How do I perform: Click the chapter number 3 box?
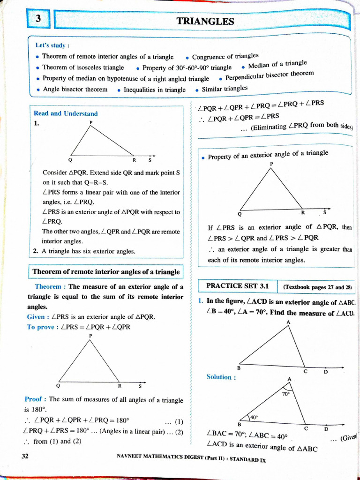(x=39, y=19)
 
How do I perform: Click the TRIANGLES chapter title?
(x=205, y=21)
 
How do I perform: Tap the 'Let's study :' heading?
(x=52, y=45)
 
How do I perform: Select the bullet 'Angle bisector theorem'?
(x=75, y=90)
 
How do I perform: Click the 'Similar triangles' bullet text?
(x=225, y=89)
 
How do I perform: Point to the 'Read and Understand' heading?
(x=66, y=113)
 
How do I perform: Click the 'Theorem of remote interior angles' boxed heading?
(x=105, y=272)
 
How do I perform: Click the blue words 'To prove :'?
(x=43, y=327)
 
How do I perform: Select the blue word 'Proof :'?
(x=35, y=399)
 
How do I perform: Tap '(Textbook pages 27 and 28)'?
(x=317, y=287)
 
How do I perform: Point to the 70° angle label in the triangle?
(x=285, y=394)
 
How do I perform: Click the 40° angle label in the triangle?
(x=254, y=417)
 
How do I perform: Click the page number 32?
(x=25, y=456)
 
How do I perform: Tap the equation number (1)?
(x=179, y=420)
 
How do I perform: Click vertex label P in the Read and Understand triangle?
(x=91, y=122)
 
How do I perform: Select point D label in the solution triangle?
(x=326, y=428)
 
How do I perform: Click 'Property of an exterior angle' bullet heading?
(x=268, y=154)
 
